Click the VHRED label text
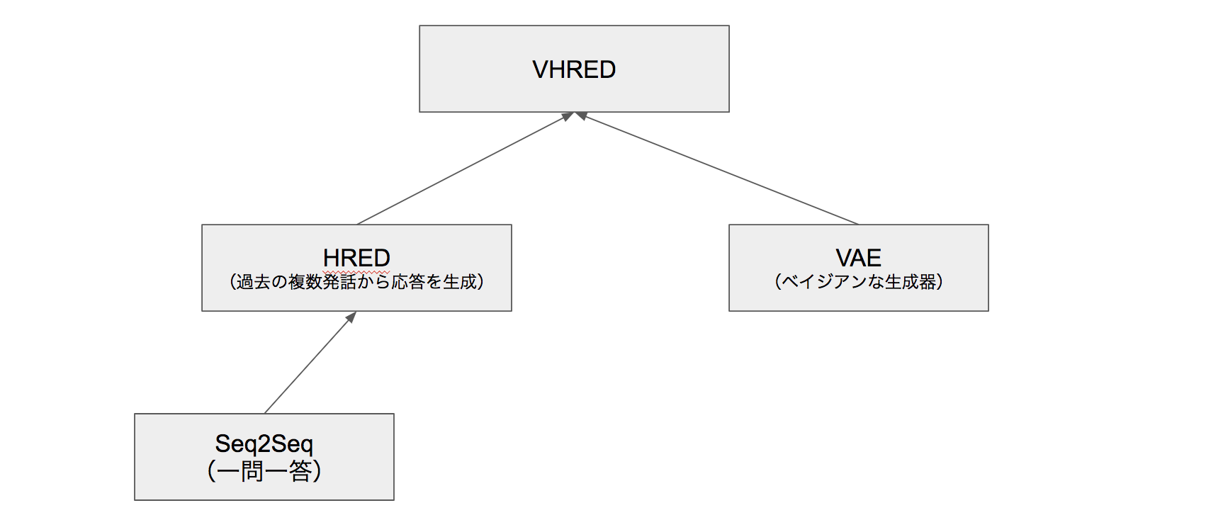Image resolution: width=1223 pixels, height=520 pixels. tap(574, 69)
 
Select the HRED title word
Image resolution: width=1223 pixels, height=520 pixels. tap(356, 257)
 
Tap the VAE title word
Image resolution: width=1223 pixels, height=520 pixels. tap(858, 257)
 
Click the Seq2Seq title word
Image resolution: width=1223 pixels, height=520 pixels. tap(264, 443)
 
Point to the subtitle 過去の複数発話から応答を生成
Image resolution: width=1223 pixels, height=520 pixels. tap(356, 282)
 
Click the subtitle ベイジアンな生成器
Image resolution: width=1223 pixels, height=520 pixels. tap(858, 282)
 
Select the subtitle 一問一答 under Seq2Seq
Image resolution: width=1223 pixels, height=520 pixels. tap(264, 470)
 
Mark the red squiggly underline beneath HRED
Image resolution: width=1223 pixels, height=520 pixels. tap(356, 271)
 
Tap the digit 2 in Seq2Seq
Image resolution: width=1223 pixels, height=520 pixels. tap(264, 444)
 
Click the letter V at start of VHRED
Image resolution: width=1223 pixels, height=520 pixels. tap(540, 69)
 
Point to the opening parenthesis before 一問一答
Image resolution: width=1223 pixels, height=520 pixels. tap(211, 470)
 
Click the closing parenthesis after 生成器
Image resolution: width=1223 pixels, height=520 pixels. tap(940, 282)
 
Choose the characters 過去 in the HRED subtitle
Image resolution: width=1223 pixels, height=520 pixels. tap(254, 282)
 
